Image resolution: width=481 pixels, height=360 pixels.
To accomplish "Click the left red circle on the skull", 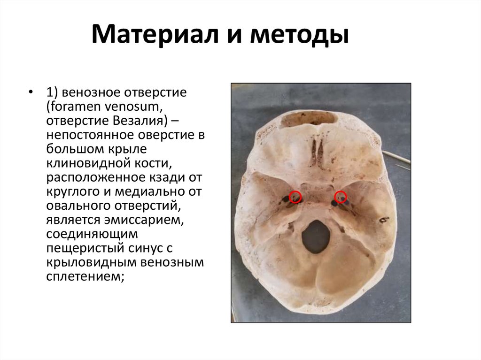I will point(295,197).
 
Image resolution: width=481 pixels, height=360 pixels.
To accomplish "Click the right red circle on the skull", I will point(340,197).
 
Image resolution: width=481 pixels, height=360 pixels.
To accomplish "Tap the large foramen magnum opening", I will point(316,237).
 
